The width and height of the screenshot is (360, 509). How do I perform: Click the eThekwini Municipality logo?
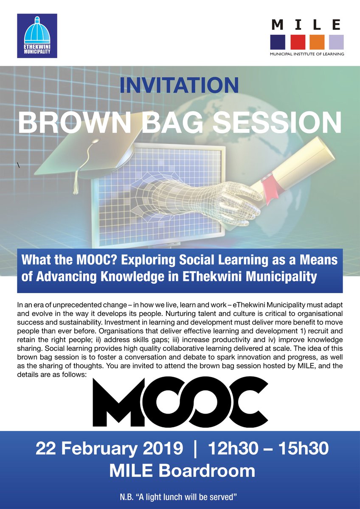pos(37,36)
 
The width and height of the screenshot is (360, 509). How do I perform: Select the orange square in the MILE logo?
pos(317,42)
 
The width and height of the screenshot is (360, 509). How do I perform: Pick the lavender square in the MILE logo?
pos(336,42)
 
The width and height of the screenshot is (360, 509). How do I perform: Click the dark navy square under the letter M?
pos(278,42)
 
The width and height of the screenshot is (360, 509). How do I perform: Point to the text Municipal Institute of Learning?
pos(307,54)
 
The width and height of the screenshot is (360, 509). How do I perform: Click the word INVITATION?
pos(179,85)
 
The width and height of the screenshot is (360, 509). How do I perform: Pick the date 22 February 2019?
pos(110,449)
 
